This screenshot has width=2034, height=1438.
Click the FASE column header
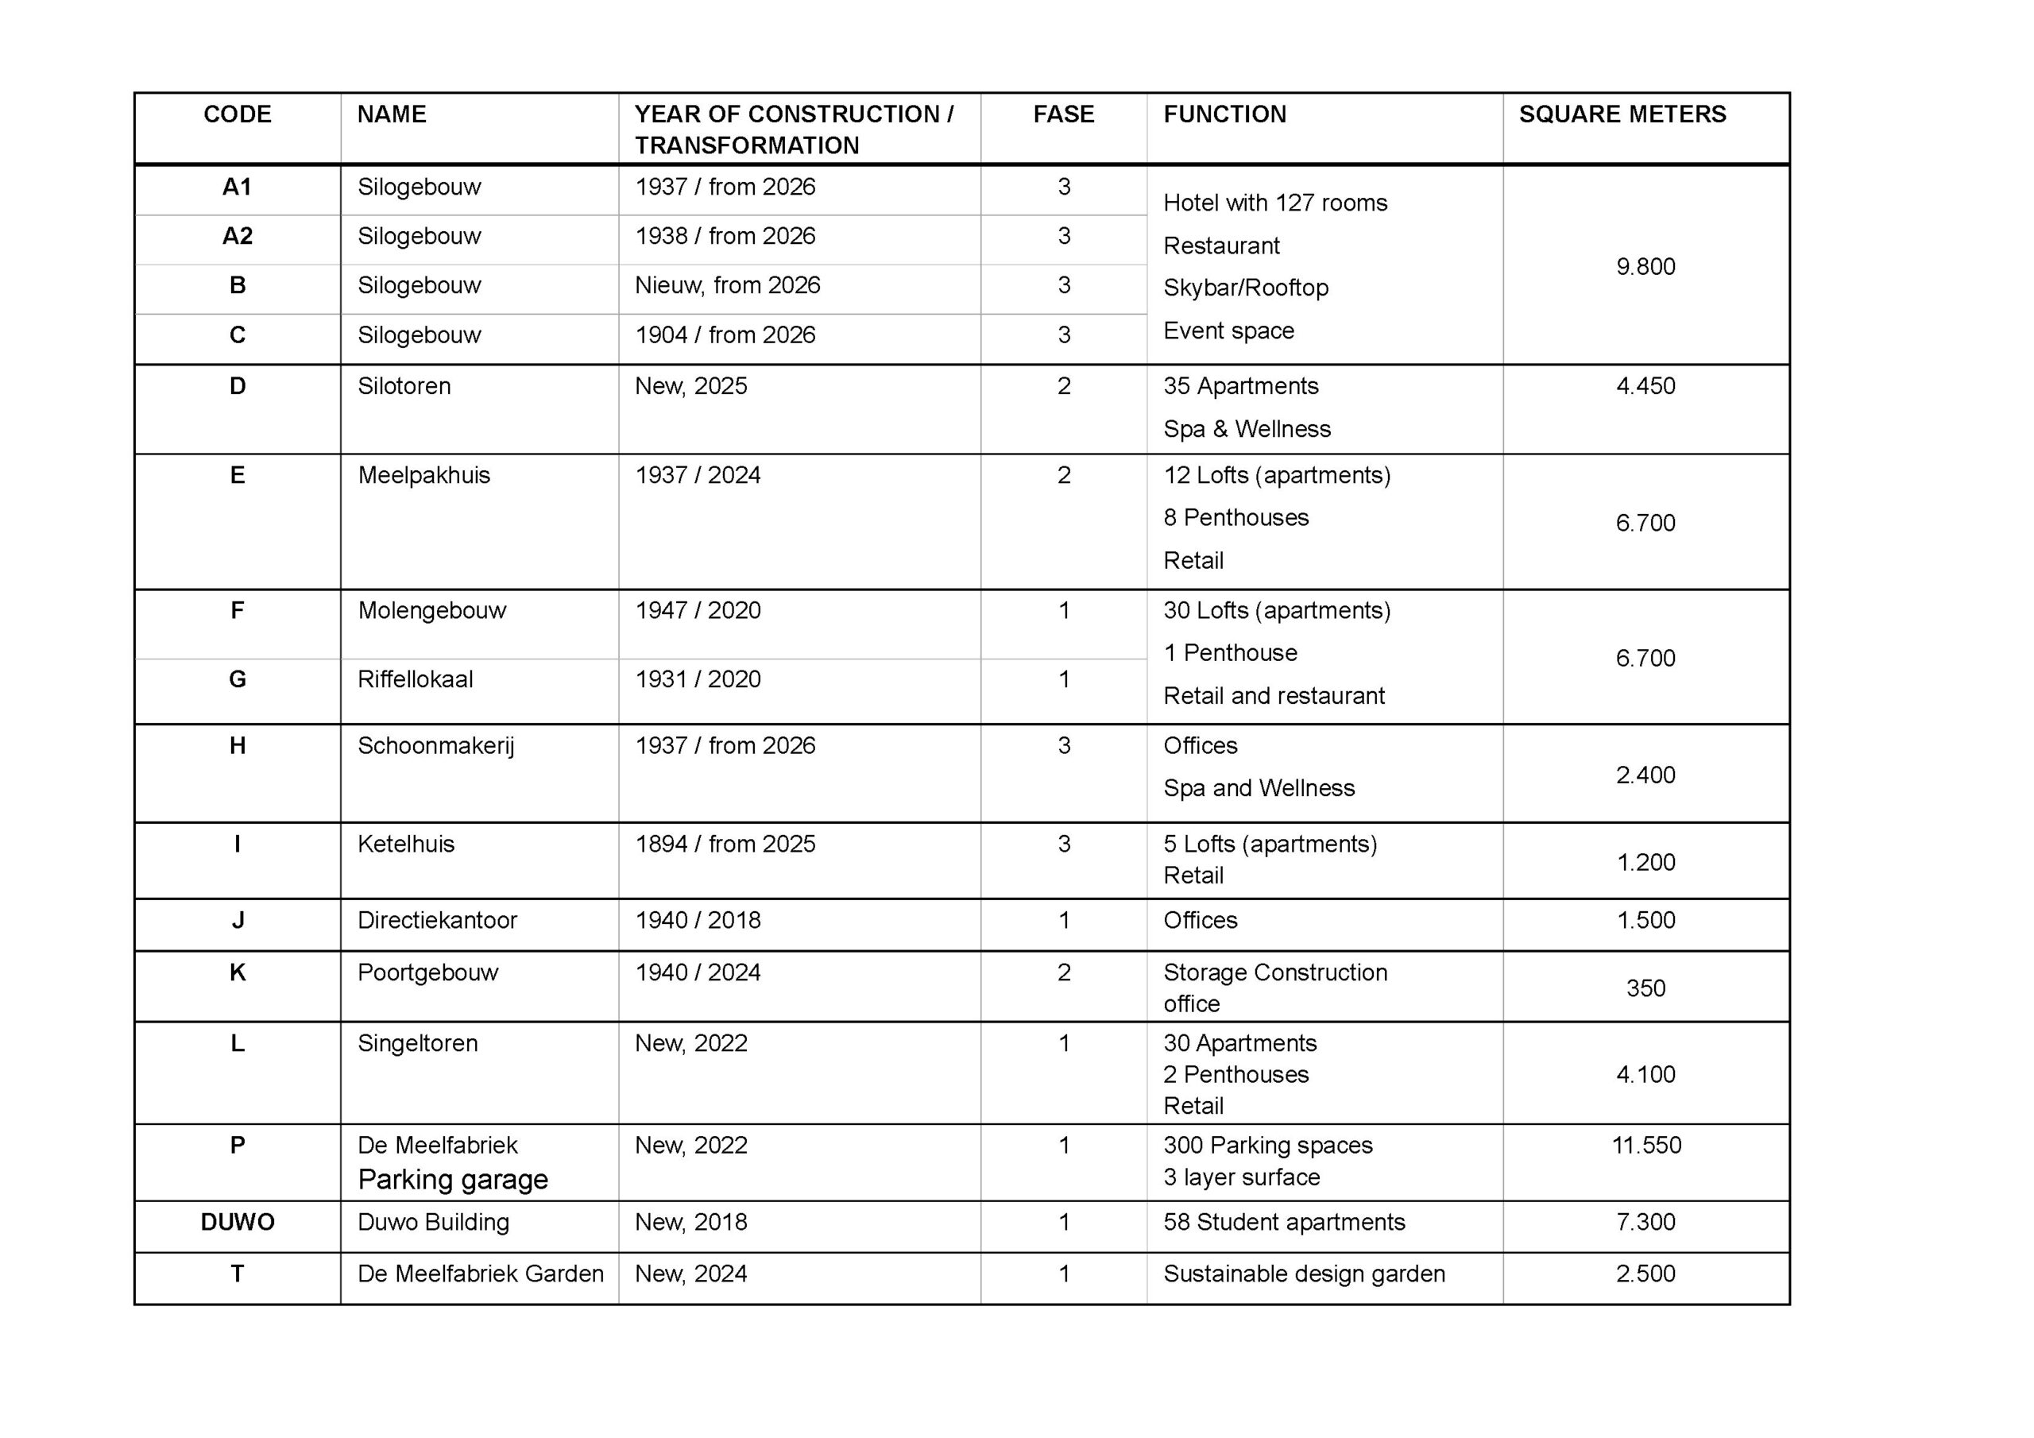(x=1063, y=114)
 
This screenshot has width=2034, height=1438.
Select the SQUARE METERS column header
(x=1622, y=114)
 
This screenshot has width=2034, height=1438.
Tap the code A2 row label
(x=238, y=237)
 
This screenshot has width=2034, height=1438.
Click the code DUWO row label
(x=238, y=1222)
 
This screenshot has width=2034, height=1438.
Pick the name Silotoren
(x=404, y=386)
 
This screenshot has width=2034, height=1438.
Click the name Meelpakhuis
(x=423, y=476)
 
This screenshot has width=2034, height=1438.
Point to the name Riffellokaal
(x=415, y=679)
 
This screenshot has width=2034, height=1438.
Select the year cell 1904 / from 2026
(x=725, y=335)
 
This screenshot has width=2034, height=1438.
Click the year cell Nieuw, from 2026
(x=727, y=285)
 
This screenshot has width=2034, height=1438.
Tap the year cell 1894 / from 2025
(x=725, y=845)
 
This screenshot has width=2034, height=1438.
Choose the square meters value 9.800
(x=1645, y=267)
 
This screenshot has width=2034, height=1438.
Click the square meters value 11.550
(x=1646, y=1146)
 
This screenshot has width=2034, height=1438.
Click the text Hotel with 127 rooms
(x=1274, y=203)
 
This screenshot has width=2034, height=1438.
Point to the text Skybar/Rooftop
(x=1246, y=288)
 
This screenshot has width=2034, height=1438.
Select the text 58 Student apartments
(x=1284, y=1222)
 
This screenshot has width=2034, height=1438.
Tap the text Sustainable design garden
(x=1304, y=1274)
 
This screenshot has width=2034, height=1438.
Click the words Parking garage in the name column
(x=453, y=1180)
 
